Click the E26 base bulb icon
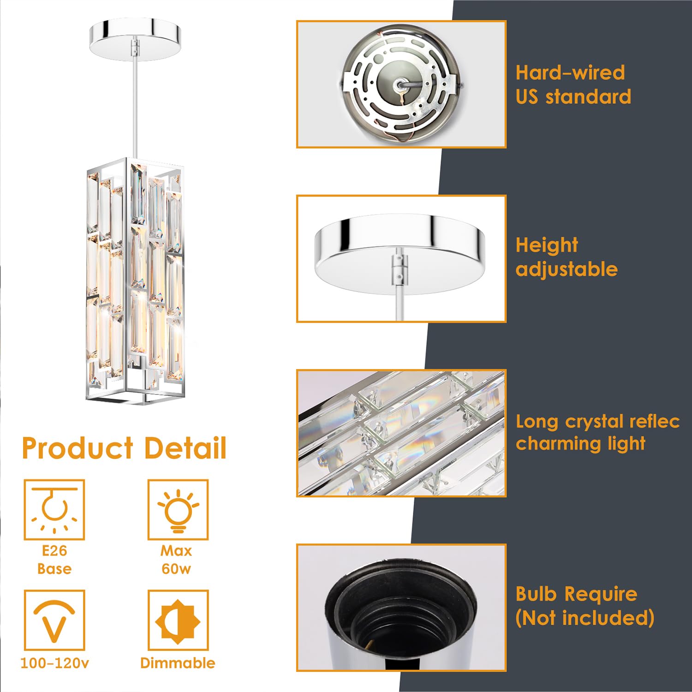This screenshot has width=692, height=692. point(54,510)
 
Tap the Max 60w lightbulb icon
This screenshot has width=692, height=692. point(178,510)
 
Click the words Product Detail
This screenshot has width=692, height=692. point(124,448)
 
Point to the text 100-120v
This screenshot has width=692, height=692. point(54,663)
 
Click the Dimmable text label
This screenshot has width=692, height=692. point(178,663)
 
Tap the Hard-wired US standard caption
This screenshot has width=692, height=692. point(573,84)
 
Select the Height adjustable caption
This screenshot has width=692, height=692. point(567,257)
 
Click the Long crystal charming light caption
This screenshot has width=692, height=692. point(597,432)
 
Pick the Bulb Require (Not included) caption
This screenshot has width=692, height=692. point(585,606)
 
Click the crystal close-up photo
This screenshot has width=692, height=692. point(401,433)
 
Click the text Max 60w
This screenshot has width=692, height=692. point(176,560)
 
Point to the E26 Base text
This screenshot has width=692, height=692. point(54,560)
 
